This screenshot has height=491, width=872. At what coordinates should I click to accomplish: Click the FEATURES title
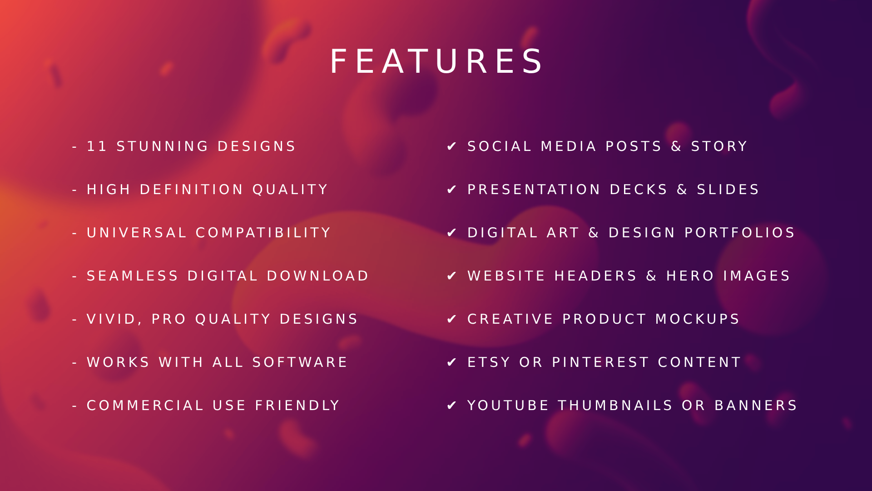[x=436, y=61]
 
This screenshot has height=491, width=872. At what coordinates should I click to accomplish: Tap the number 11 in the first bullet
[x=97, y=146]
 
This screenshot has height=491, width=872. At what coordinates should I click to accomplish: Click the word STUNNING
[x=162, y=146]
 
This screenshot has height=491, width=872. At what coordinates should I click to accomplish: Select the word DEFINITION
[x=191, y=190]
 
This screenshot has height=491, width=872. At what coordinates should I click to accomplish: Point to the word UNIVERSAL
[x=136, y=233]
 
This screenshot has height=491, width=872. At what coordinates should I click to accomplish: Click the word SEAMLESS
[x=132, y=276]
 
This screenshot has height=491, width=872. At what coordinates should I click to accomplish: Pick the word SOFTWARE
[x=300, y=362]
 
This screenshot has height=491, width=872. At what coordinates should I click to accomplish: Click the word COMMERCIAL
[x=145, y=406]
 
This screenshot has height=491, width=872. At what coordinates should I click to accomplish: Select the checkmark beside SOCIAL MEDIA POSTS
[x=451, y=146]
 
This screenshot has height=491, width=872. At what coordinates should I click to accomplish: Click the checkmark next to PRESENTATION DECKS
[x=451, y=190]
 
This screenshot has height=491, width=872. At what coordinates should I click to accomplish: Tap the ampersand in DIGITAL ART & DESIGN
[x=594, y=233]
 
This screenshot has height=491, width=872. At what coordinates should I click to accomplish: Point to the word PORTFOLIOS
[x=739, y=233]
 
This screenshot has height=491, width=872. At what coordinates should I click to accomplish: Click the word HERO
[x=690, y=276]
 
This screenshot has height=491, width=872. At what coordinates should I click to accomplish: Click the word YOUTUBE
[x=508, y=406]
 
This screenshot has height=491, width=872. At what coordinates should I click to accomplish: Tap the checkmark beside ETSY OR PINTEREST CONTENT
[x=451, y=362]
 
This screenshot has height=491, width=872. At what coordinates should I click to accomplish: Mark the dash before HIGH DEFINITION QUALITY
[x=74, y=190]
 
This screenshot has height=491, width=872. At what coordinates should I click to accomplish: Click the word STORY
[x=719, y=146]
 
